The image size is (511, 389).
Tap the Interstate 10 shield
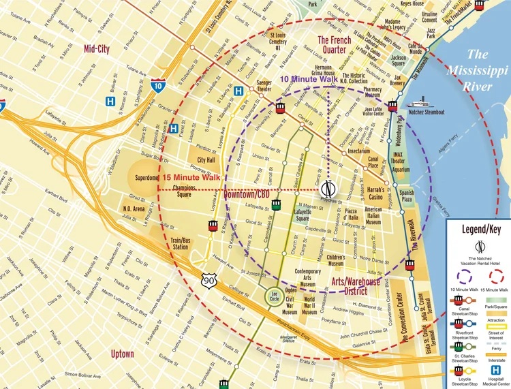(158, 86)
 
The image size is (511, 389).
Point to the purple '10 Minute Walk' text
(309, 80)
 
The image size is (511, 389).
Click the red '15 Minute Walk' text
(191, 178)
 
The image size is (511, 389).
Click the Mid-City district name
(97, 49)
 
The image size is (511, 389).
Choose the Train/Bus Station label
(180, 243)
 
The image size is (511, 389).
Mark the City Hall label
(206, 160)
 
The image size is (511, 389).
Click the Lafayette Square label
(303, 215)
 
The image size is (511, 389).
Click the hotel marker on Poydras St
(328, 188)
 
